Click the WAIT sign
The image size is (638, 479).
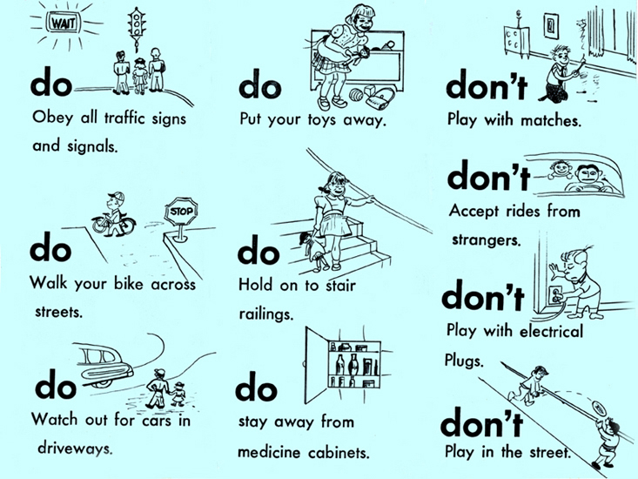tap(63, 23)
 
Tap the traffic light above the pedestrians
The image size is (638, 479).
tap(137, 27)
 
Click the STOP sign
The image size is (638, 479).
tap(181, 212)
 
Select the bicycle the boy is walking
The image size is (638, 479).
tap(113, 225)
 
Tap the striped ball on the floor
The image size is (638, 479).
tap(357, 96)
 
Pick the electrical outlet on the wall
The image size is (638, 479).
tap(555, 293)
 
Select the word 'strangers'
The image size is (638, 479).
tap(486, 240)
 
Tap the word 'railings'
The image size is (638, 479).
tap(265, 314)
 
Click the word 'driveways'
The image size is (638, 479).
tap(75, 449)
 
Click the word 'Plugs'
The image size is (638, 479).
tap(464, 361)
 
